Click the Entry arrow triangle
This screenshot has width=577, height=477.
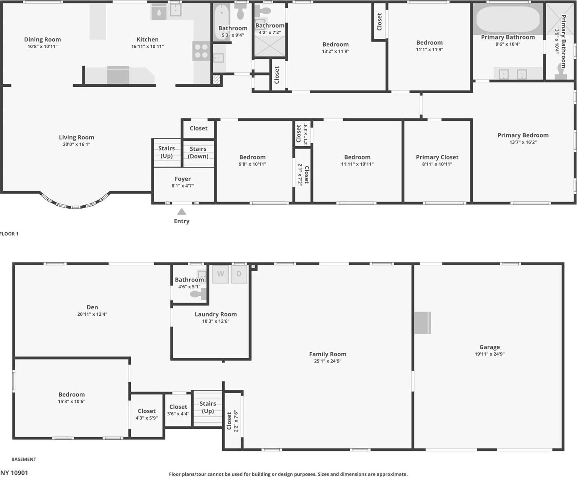click(x=182, y=212)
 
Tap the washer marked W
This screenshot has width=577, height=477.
click(x=221, y=274)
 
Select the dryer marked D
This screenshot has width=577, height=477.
click(x=239, y=274)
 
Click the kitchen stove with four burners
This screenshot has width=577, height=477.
click(x=201, y=51)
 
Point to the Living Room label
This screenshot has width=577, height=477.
click(x=76, y=138)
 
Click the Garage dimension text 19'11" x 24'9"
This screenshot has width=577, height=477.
click(x=489, y=354)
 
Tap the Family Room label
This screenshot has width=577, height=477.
click(x=327, y=354)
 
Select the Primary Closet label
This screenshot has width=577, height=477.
click(x=437, y=157)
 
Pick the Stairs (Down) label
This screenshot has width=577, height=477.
click(x=198, y=153)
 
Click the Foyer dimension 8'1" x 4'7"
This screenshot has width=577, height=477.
click(x=183, y=186)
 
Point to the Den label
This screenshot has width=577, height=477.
click(x=92, y=307)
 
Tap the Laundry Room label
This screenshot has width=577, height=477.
click(x=215, y=314)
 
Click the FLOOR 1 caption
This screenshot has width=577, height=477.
click(x=9, y=234)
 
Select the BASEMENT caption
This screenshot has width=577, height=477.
click(x=24, y=459)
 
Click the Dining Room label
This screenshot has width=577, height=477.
click(x=42, y=39)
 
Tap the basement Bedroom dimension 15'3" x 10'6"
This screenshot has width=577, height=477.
click(x=71, y=401)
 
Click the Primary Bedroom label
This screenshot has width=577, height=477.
click(x=523, y=135)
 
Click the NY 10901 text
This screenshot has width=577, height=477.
click(x=14, y=473)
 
